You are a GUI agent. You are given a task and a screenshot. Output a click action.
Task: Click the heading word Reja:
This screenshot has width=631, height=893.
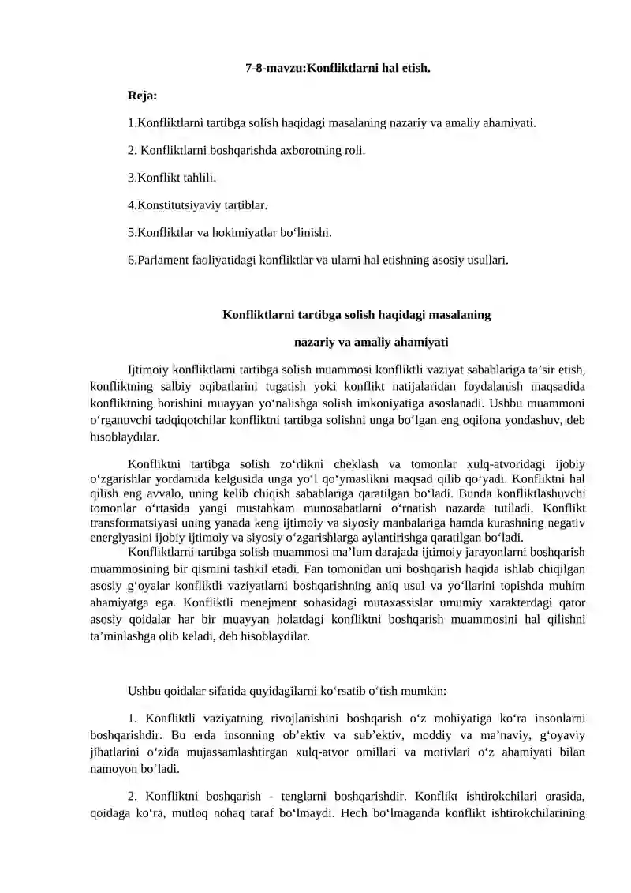click(x=142, y=96)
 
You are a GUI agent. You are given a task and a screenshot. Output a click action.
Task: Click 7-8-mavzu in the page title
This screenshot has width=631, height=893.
click(x=274, y=68)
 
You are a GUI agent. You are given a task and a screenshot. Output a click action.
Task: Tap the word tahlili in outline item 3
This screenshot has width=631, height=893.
click(x=200, y=178)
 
